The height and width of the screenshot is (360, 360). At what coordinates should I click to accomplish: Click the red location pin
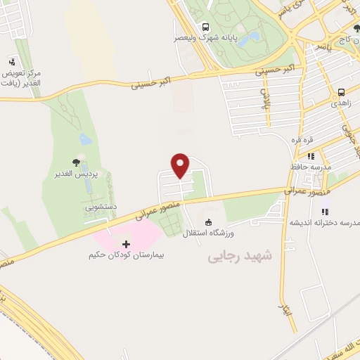[x=181, y=165]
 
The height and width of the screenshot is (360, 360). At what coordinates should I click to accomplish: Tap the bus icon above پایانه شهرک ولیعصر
[x=204, y=25]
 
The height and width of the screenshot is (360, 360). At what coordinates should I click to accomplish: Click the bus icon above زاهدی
[x=341, y=92]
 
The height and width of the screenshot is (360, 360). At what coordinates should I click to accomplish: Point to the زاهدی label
[x=342, y=103]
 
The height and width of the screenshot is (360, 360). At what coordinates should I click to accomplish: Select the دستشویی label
[x=101, y=208]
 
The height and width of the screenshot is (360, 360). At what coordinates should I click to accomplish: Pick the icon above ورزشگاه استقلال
[x=207, y=221]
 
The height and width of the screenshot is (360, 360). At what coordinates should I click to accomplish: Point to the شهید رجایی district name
[x=234, y=258]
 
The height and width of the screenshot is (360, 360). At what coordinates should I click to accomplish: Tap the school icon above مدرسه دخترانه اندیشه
[x=324, y=212]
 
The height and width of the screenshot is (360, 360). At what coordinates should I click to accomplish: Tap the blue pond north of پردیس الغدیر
[x=85, y=139]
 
